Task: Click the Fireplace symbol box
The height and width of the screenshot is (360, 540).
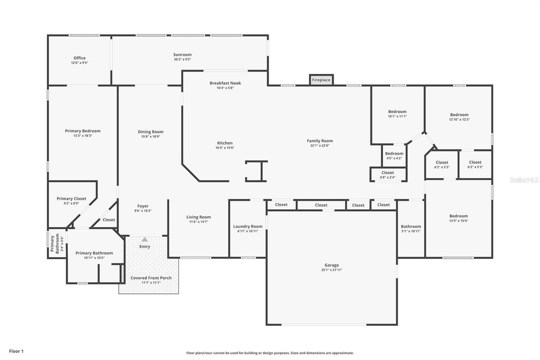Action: (x=321, y=80)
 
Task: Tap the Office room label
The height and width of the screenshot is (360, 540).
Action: (x=79, y=58)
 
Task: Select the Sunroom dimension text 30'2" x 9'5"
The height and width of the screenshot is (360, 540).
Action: (x=182, y=60)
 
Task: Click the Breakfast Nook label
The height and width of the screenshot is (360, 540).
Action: (x=225, y=83)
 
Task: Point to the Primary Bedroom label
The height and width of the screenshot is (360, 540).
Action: (x=83, y=131)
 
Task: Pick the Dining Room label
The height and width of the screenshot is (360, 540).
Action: (x=151, y=132)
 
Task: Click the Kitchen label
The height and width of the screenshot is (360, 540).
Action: (x=225, y=143)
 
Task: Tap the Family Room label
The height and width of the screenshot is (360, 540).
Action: (x=319, y=141)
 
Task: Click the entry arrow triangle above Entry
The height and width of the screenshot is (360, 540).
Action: (x=145, y=239)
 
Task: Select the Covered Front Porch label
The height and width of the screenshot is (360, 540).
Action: (x=151, y=278)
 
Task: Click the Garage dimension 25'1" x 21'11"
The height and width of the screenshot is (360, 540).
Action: (x=331, y=270)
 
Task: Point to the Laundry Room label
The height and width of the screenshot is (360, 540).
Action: (x=248, y=227)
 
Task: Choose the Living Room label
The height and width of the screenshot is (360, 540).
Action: (x=198, y=217)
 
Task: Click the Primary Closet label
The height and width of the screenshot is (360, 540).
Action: (x=71, y=199)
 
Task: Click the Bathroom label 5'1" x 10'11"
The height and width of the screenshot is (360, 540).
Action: (x=410, y=227)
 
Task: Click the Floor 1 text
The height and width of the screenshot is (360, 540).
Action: (x=16, y=351)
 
